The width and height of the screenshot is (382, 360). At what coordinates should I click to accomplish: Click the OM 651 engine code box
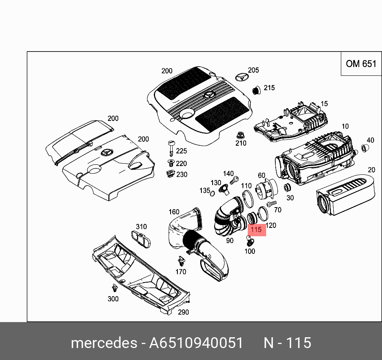point(361,63)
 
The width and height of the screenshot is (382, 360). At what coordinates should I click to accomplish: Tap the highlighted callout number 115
point(256,229)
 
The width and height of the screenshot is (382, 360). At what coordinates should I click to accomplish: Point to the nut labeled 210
point(240,135)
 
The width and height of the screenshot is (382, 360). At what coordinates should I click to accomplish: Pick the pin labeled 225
point(171,147)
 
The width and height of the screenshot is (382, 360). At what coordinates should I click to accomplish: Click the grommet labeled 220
point(171,163)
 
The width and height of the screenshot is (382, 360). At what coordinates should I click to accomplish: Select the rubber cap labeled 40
point(364,148)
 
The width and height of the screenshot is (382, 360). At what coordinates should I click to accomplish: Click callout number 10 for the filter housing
point(345,127)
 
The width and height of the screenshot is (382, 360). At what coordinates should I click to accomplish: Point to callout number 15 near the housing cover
point(324,104)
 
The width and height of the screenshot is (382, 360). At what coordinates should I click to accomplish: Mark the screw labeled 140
point(236,180)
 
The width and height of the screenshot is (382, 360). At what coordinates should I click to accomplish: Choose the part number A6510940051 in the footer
point(196,343)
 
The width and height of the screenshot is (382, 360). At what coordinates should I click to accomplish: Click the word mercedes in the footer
point(103,343)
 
